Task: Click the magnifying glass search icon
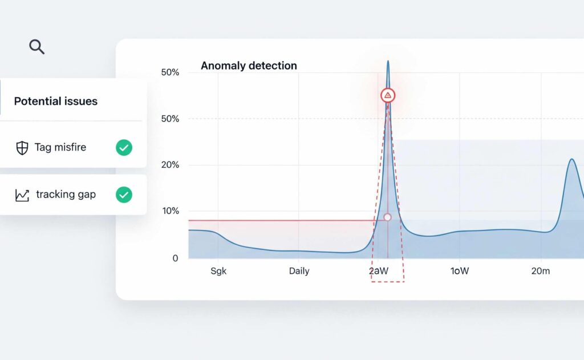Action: pyautogui.click(x=36, y=47)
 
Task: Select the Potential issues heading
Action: pyautogui.click(x=55, y=101)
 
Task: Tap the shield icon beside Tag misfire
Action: pyautogui.click(x=22, y=148)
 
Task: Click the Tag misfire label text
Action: pyautogui.click(x=60, y=147)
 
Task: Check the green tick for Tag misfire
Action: pyautogui.click(x=124, y=148)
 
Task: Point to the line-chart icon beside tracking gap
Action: pyautogui.click(x=22, y=195)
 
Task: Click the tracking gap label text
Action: pyautogui.click(x=66, y=195)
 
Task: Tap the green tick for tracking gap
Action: pyautogui.click(x=124, y=195)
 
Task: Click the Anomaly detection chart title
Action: pyautogui.click(x=249, y=66)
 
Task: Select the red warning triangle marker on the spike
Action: pyautogui.click(x=388, y=95)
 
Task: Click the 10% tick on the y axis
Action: pyautogui.click(x=170, y=211)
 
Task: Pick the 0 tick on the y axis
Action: pyautogui.click(x=175, y=258)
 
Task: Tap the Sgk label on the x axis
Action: pyautogui.click(x=218, y=271)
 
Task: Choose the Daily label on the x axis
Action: pyautogui.click(x=299, y=271)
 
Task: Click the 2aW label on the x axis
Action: pyautogui.click(x=379, y=271)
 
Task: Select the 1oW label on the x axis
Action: pyautogui.click(x=460, y=271)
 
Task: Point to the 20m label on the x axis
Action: pyautogui.click(x=540, y=271)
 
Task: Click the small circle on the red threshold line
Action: pyautogui.click(x=387, y=217)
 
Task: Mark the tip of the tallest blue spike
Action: pyautogui.click(x=388, y=61)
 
